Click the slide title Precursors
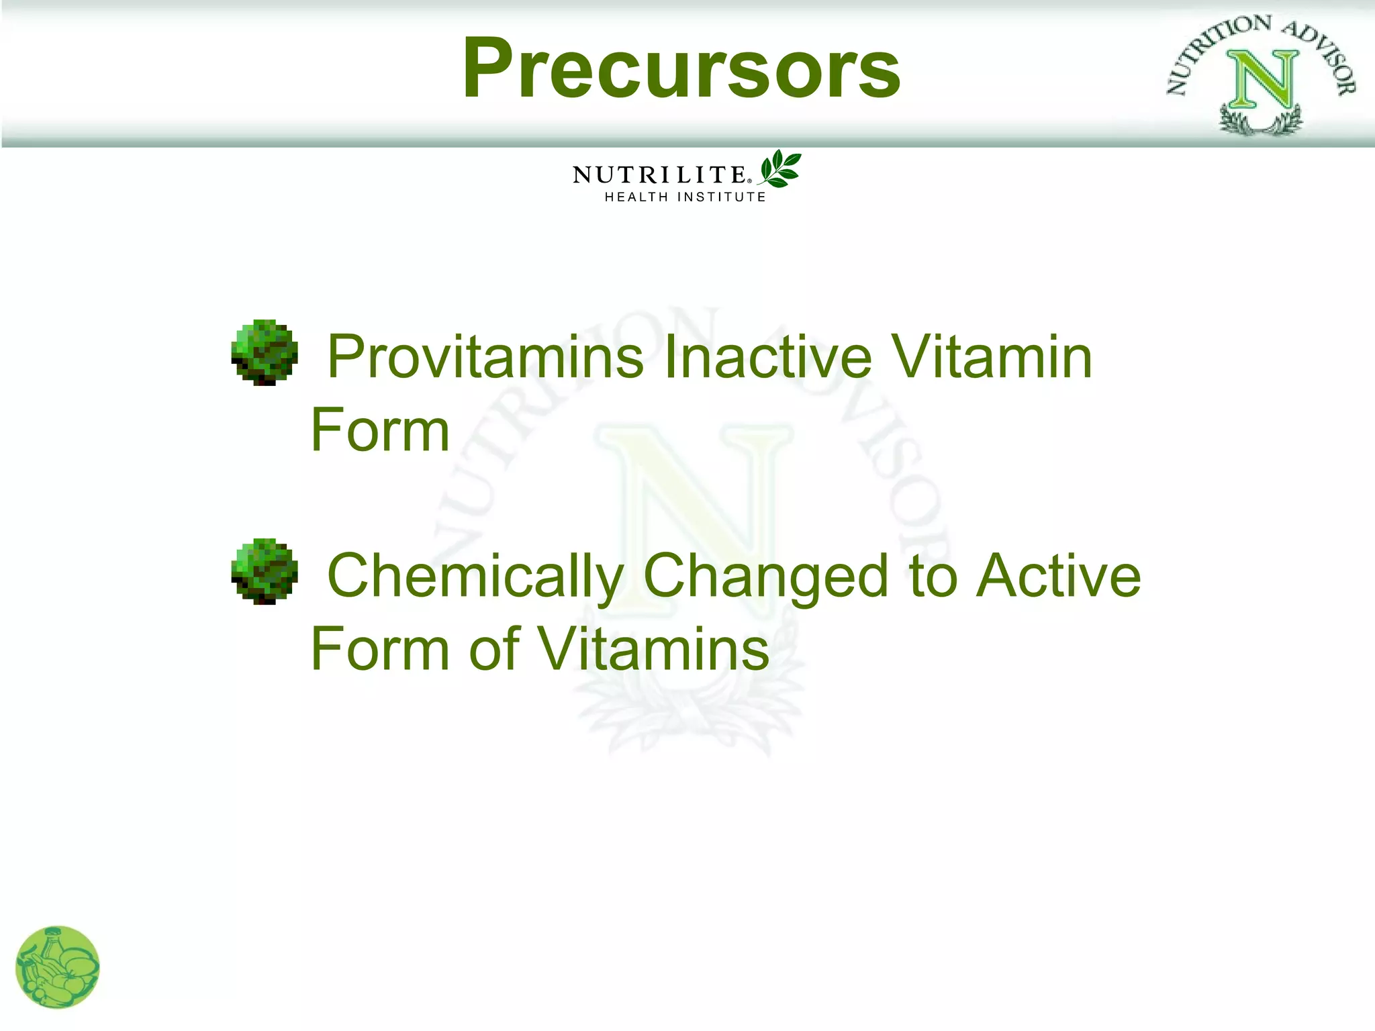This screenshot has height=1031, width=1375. [681, 69]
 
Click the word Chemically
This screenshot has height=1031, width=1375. [475, 577]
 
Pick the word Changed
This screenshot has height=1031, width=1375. [765, 577]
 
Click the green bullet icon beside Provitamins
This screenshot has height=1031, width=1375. [265, 352]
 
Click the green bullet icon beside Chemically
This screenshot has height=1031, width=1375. [265, 571]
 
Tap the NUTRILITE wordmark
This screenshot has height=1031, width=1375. [659, 175]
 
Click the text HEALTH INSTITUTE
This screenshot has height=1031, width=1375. [685, 197]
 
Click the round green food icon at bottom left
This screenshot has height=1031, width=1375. [58, 967]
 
